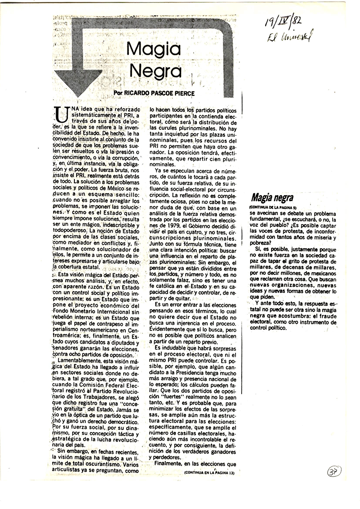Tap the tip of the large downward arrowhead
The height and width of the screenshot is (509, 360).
(79, 95)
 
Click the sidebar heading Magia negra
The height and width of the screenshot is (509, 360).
(272, 199)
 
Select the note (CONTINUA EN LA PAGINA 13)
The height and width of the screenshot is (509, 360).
(206, 472)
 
